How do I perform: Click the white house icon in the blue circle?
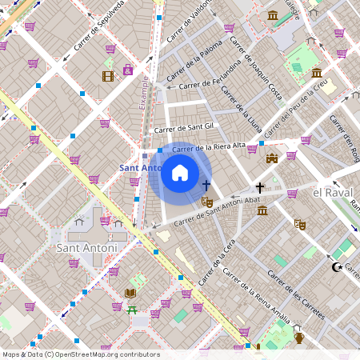(x=180, y=173)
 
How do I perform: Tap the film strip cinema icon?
(x=108, y=76)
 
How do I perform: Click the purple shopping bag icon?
(x=128, y=70)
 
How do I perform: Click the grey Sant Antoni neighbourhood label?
(x=87, y=248)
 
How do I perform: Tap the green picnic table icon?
(x=132, y=309)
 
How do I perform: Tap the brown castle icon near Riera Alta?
(x=272, y=158)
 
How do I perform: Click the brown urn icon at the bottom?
(x=299, y=337)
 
